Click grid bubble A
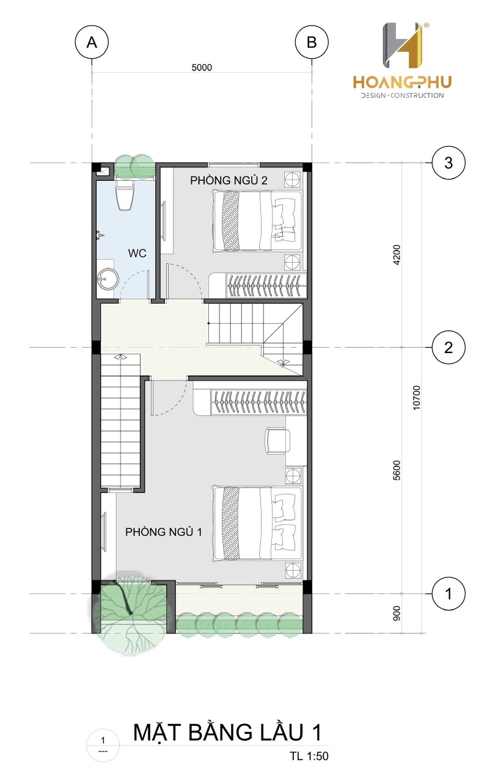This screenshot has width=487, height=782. (x=92, y=42)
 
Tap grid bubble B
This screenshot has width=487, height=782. (x=312, y=42)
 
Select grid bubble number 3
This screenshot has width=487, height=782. (x=449, y=163)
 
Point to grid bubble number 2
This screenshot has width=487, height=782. (x=449, y=348)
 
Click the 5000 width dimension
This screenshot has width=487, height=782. (x=202, y=67)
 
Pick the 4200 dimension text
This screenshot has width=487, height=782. (x=397, y=255)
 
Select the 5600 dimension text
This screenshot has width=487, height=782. (x=397, y=470)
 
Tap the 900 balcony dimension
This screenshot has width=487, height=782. (x=397, y=613)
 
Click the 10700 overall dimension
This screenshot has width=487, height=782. (x=417, y=397)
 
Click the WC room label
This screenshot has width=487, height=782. (x=137, y=253)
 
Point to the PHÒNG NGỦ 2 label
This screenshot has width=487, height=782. (x=229, y=180)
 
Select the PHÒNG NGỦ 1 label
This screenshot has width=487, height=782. (x=163, y=532)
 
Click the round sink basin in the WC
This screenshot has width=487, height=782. (x=108, y=279)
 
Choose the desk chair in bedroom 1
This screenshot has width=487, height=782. (x=277, y=441)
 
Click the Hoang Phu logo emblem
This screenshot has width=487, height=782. (x=403, y=45)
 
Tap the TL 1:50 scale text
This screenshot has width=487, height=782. (x=309, y=753)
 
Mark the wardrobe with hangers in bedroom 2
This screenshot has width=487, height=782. (x=258, y=285)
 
